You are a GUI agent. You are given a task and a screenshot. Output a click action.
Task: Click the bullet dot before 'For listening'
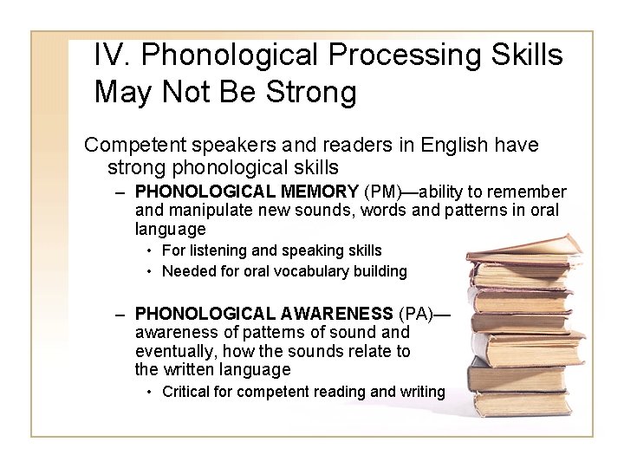click(150, 250)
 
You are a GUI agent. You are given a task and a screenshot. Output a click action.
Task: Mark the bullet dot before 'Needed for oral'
click(150, 270)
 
